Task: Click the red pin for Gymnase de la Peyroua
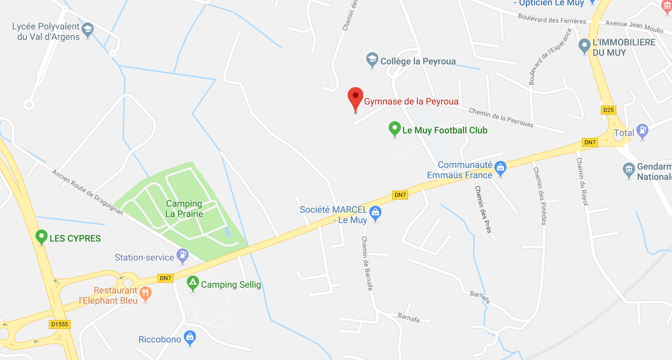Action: [355, 97]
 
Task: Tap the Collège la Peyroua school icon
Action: [372, 60]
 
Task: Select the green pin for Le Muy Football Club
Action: [394, 128]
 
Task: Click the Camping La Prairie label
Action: [184, 209]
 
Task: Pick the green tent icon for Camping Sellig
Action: [192, 283]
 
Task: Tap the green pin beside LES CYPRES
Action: [41, 237]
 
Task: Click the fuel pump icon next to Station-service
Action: [183, 255]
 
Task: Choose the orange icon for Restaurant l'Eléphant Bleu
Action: [146, 294]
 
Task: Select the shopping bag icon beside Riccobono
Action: [190, 338]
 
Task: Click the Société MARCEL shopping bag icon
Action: [376, 213]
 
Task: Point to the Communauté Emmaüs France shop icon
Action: [500, 168]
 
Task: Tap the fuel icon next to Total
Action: [642, 131]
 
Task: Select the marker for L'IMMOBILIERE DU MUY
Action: [584, 46]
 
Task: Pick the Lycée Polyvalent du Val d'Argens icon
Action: [88, 30]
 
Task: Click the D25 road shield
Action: [609, 110]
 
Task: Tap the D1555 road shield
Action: [60, 324]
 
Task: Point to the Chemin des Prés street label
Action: [483, 210]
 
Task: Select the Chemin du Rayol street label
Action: [582, 182]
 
